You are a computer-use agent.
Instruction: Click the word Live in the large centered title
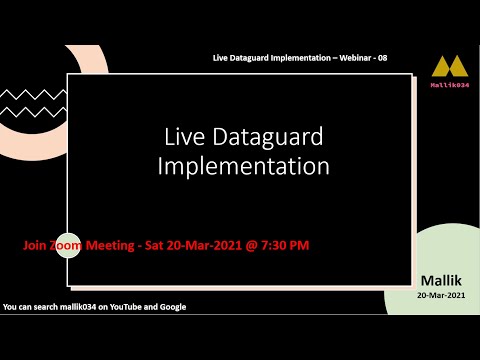point(183,136)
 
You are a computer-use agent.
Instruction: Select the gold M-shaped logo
point(449,67)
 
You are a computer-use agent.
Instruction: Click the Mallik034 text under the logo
point(450,85)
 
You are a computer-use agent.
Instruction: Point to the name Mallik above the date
point(441,280)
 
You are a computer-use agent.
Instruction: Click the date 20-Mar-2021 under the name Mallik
point(441,295)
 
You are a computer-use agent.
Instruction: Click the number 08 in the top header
point(382,58)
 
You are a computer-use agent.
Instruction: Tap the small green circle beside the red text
point(67,245)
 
